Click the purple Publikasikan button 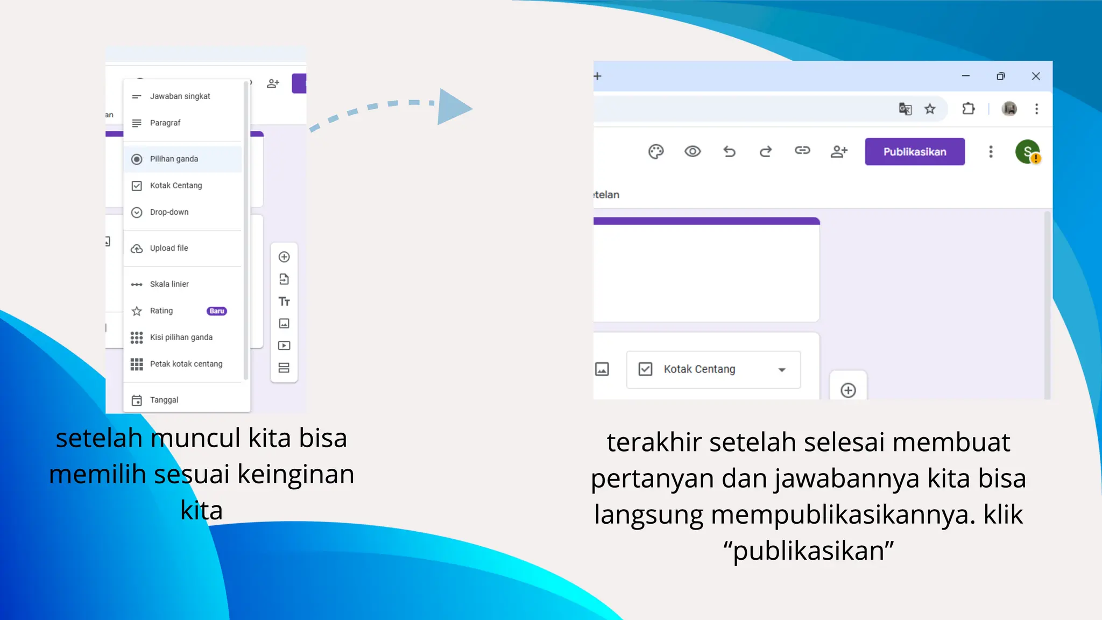click(914, 152)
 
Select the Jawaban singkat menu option click(180, 96)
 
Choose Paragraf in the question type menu click(165, 123)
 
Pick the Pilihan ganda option click(174, 159)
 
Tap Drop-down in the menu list click(169, 212)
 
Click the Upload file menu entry click(169, 248)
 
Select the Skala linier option click(169, 284)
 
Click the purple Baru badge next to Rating click(217, 311)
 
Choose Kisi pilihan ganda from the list click(181, 337)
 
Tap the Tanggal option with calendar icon click(164, 400)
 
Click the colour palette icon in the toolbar click(656, 152)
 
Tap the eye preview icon click(693, 152)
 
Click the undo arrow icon click(729, 152)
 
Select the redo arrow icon click(766, 152)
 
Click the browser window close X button click(1036, 76)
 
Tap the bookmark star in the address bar click(930, 109)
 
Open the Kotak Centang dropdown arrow click(782, 370)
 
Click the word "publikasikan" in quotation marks click(808, 551)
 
